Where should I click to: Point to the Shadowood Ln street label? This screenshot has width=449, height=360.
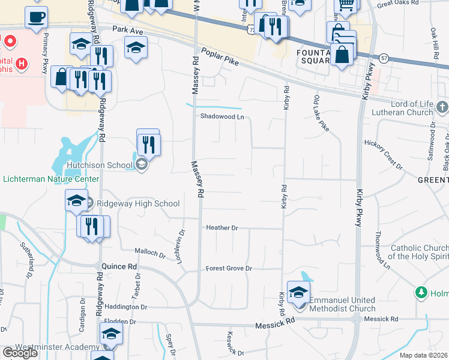tap(222, 117)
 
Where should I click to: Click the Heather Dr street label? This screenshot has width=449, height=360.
tap(222, 228)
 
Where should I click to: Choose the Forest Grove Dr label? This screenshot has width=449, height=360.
tap(229, 268)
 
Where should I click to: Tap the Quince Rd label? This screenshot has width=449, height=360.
tap(116, 265)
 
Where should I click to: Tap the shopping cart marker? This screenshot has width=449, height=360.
tap(346, 5)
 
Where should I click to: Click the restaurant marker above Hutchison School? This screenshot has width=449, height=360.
tap(148, 143)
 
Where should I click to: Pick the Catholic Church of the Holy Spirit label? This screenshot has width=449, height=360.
tap(420, 252)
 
